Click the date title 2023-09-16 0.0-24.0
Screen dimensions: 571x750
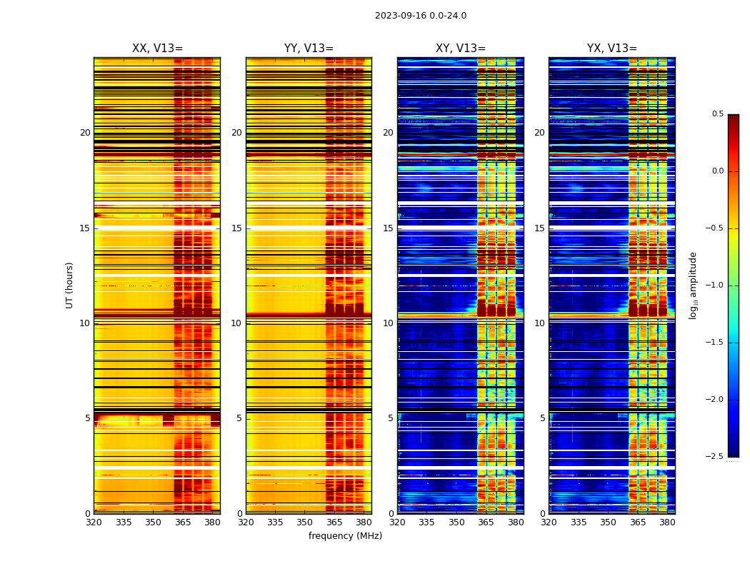[421, 16]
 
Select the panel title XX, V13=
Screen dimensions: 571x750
[157, 49]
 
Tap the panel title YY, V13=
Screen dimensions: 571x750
[309, 49]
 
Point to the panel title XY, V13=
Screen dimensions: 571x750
[461, 49]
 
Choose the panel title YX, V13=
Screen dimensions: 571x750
[612, 49]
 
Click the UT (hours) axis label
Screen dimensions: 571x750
[69, 285]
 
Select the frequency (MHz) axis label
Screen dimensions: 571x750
[345, 536]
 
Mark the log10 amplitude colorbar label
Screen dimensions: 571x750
[693, 285]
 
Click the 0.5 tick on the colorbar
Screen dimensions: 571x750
[717, 114]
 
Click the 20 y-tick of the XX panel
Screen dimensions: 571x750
[85, 133]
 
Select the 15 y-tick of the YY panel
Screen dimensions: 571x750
[237, 228]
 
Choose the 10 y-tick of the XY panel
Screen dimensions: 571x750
[389, 323]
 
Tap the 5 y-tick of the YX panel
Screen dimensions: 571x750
[543, 418]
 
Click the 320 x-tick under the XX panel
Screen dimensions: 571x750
[94, 522]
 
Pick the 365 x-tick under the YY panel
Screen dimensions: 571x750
[334, 522]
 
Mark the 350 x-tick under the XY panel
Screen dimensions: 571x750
[456, 522]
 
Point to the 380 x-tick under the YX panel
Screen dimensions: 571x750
[667, 522]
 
